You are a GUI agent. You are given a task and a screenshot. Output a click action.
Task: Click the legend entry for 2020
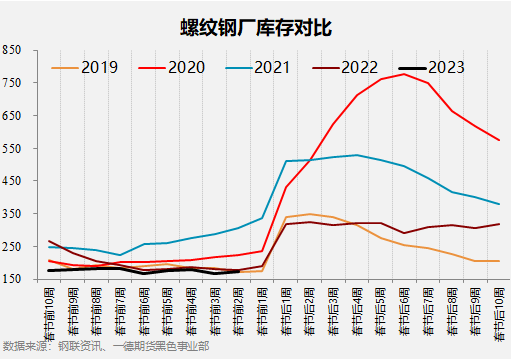coord(186,68)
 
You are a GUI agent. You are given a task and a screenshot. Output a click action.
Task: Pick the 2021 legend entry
coord(273,68)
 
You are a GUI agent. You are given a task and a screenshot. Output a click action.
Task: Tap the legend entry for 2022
coord(359,68)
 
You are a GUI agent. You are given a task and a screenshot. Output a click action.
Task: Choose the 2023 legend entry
coord(445,68)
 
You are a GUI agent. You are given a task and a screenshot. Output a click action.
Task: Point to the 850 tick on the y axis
coord(12,50)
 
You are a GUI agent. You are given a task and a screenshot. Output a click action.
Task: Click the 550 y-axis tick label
coord(12,148)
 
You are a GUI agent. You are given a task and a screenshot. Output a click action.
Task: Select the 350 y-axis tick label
coord(12,214)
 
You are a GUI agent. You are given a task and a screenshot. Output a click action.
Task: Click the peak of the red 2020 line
coord(404,74)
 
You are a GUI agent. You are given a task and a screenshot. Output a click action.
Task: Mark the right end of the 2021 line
coord(498,204)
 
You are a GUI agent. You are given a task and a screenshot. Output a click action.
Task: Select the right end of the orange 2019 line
coord(498,261)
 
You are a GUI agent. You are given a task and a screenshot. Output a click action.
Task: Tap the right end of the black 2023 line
coord(238,271)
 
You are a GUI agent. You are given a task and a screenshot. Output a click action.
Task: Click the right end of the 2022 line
coord(498,224)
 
